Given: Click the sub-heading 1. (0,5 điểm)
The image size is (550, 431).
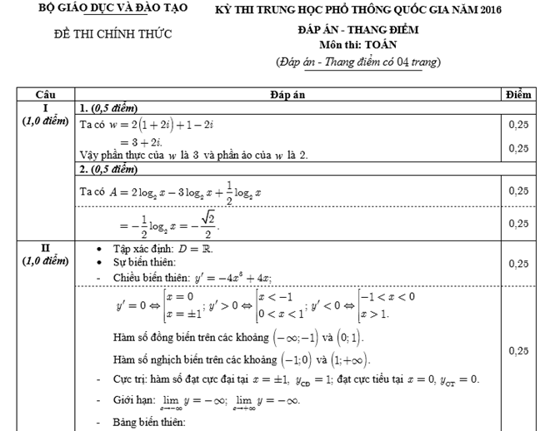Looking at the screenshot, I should tap(107, 109).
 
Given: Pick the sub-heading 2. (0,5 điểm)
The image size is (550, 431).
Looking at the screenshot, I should tap(107, 171).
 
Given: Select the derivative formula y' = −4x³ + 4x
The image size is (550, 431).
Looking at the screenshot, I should tap(233, 278).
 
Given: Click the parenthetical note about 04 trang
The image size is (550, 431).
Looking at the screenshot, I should tap(358, 62).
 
